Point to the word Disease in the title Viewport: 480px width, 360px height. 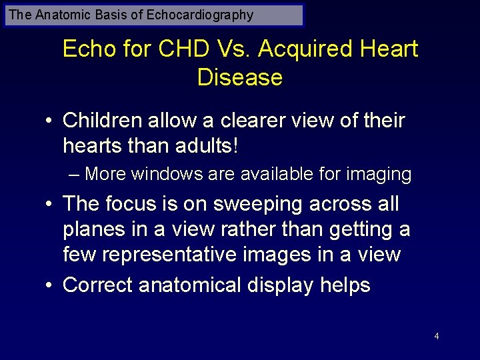240,77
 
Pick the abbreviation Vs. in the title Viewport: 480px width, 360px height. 234,49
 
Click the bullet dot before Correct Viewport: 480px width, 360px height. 49,286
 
